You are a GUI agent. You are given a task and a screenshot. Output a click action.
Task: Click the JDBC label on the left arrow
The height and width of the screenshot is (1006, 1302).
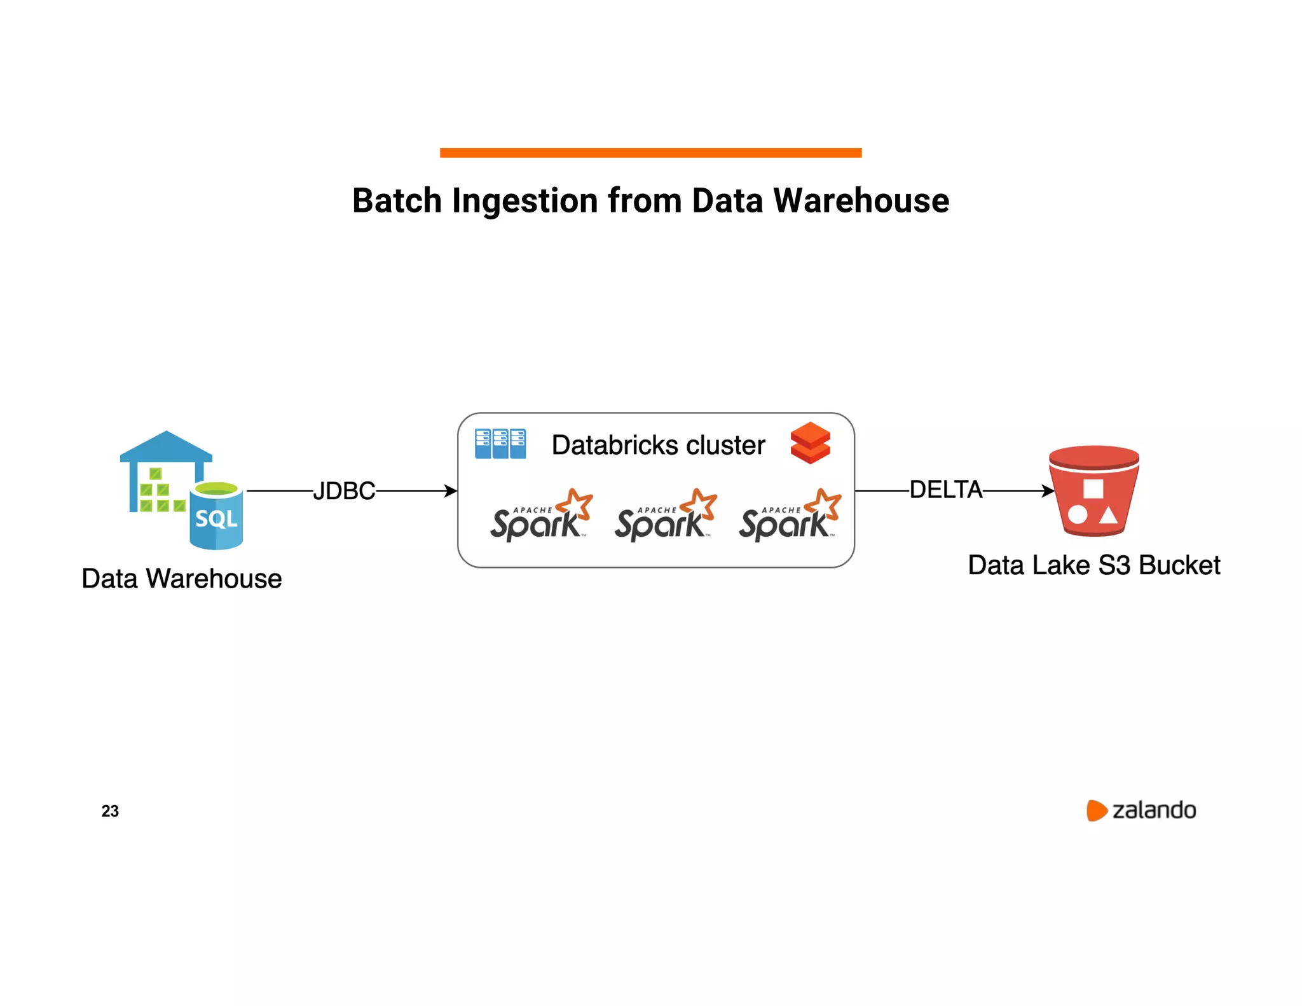tap(344, 491)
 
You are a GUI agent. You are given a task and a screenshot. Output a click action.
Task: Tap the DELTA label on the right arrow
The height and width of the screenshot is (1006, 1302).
tap(946, 490)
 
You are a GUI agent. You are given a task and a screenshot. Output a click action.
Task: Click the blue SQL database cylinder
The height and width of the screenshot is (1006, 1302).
tap(216, 516)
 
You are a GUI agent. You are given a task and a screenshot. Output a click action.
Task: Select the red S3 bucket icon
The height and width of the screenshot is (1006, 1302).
tap(1093, 491)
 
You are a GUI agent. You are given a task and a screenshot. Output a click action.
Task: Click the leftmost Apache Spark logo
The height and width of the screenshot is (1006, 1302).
tap(540, 516)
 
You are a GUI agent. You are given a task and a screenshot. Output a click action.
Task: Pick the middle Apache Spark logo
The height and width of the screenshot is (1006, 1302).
tap(665, 516)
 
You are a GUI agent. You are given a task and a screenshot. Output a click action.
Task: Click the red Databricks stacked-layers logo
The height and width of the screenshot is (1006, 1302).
tap(810, 443)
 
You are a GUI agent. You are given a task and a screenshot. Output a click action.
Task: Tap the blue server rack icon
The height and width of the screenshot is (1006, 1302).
tap(500, 444)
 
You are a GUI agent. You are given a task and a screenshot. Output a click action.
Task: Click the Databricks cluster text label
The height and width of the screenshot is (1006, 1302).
tap(658, 445)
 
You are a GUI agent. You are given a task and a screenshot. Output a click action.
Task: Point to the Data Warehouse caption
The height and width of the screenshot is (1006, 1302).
tap(182, 579)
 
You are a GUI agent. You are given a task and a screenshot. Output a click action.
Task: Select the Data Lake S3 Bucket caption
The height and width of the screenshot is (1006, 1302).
tap(1093, 565)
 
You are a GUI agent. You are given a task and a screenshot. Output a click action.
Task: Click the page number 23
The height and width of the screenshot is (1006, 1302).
tap(110, 811)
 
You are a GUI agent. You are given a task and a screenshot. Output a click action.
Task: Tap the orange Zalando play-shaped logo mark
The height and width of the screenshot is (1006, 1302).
tap(1096, 810)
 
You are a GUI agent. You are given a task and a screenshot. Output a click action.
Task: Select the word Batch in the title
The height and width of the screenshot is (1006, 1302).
tap(397, 201)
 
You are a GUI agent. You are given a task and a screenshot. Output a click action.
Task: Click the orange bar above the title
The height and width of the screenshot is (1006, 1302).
tap(650, 153)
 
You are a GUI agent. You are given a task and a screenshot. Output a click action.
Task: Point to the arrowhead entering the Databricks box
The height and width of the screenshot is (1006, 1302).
tap(451, 491)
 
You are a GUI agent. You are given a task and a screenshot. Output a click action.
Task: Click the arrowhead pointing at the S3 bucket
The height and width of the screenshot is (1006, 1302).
tap(1048, 491)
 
